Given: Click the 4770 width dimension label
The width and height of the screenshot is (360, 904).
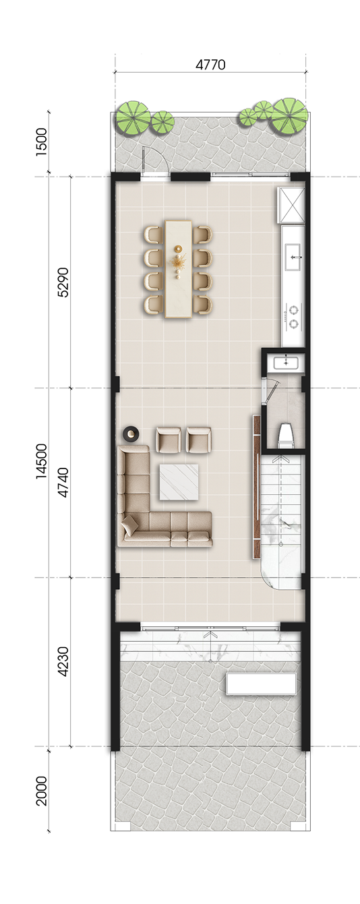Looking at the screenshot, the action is click(210, 65).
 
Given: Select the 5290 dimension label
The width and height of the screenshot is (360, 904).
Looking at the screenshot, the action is click(63, 282).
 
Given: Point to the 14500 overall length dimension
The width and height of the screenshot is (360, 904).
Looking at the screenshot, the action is click(42, 461).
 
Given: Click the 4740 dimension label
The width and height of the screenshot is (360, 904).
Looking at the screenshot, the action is click(63, 483).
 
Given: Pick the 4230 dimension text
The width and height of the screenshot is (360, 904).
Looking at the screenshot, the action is click(63, 661).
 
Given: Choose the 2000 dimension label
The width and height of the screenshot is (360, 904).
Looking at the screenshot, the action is click(42, 791).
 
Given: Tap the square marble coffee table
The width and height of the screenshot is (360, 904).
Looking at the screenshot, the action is click(179, 482).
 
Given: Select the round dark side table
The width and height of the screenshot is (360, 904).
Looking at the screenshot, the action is click(131, 433).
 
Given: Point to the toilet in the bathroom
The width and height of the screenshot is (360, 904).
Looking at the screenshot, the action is click(286, 435).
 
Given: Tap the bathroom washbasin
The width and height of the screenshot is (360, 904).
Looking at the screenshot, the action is click(286, 363).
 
